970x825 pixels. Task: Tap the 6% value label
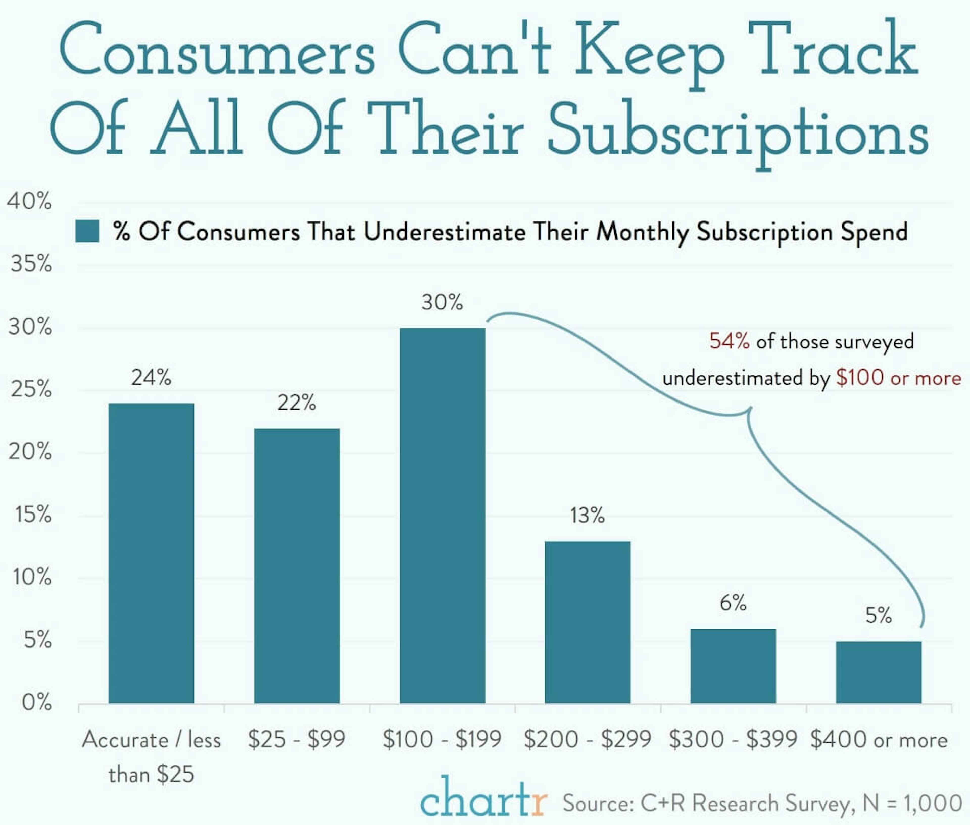pos(733,603)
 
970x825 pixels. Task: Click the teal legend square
pos(87,231)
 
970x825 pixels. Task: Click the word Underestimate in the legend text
pos(444,232)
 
